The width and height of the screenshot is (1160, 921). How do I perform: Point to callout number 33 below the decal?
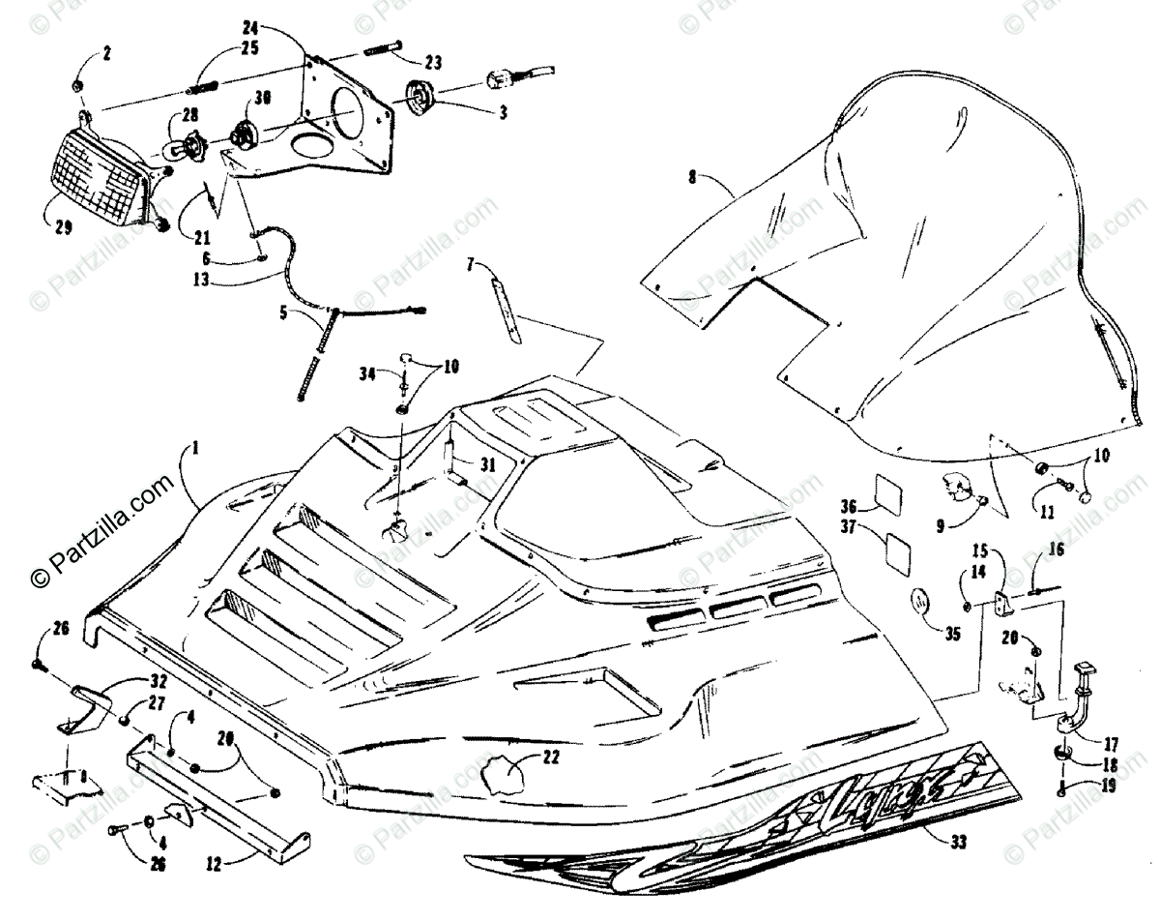(958, 842)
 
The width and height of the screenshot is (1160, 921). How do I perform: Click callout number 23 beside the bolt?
(432, 63)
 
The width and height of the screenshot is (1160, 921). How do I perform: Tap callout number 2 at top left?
(106, 52)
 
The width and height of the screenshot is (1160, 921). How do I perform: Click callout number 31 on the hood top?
(488, 463)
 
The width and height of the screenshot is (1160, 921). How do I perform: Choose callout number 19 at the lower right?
(1108, 786)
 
